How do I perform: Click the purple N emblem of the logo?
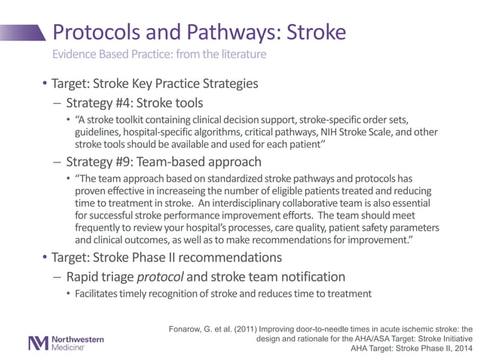[38, 343]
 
